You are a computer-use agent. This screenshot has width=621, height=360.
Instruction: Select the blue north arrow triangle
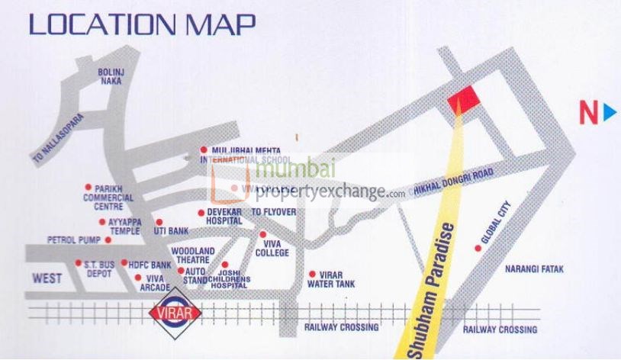609,114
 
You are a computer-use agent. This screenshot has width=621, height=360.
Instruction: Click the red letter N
588,114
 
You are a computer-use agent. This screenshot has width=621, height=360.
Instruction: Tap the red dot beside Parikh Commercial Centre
88,187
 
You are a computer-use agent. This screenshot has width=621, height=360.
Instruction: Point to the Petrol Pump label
73,239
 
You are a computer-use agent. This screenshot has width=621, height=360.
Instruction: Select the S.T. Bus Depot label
101,268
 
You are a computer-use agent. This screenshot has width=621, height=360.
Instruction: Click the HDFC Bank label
150,265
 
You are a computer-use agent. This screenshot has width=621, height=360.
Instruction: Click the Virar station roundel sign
175,313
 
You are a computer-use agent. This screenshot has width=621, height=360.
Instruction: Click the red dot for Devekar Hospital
201,213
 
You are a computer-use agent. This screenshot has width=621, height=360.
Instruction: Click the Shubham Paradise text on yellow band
434,294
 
